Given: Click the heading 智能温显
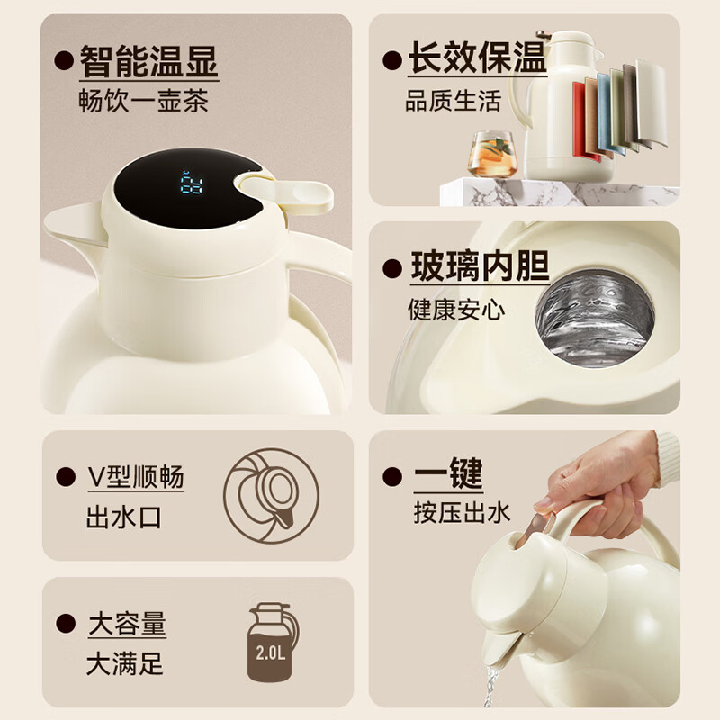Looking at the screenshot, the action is pyautogui.click(x=148, y=61).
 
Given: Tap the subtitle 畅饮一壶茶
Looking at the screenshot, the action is pyautogui.click(x=143, y=101).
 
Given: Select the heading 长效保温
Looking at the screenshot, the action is pyautogui.click(x=478, y=58).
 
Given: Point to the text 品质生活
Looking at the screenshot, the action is pyautogui.click(x=453, y=101).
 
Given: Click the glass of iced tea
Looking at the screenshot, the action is pyautogui.click(x=491, y=154).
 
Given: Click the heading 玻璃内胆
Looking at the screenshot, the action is pyautogui.click(x=480, y=265).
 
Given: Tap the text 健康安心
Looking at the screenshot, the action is pyautogui.click(x=456, y=309).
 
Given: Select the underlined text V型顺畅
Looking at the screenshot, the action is pyautogui.click(x=136, y=477).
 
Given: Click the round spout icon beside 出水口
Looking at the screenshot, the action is pyautogui.click(x=272, y=496).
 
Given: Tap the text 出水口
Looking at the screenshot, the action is pyautogui.click(x=124, y=518).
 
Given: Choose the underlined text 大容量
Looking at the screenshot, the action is pyautogui.click(x=127, y=624).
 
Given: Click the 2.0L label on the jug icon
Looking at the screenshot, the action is pyautogui.click(x=271, y=652).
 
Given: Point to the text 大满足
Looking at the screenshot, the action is pyautogui.click(x=125, y=664).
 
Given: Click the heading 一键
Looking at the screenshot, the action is pyautogui.click(x=448, y=473).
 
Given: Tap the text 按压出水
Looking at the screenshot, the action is pyautogui.click(x=462, y=512).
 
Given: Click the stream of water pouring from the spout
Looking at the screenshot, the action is pyautogui.click(x=491, y=686).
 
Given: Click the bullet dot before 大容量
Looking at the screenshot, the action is pyautogui.click(x=66, y=624).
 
